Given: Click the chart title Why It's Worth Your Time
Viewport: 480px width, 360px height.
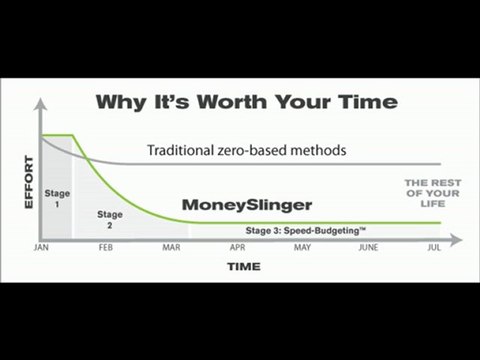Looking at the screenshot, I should tap(245, 101).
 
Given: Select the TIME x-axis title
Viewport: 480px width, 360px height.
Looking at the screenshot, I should tap(243, 268).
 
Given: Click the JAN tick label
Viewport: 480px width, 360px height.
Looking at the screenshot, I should tap(42, 247).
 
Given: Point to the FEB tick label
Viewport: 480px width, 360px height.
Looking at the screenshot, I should tap(107, 247).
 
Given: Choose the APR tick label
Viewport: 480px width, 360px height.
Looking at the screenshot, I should tap(238, 247).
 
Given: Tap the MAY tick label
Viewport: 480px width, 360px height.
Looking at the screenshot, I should tap(301, 247).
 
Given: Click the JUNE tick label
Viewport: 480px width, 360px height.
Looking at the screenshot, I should tap(367, 247).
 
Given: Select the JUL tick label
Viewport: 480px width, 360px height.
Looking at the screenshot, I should tap(433, 247).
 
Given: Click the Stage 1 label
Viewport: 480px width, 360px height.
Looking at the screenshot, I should tap(56, 195).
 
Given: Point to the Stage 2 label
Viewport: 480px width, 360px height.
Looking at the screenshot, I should tap(110, 220).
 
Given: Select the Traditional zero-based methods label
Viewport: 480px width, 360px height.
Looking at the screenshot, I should tap(247, 150).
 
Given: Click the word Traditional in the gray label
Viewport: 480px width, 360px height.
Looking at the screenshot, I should tap(181, 150).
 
